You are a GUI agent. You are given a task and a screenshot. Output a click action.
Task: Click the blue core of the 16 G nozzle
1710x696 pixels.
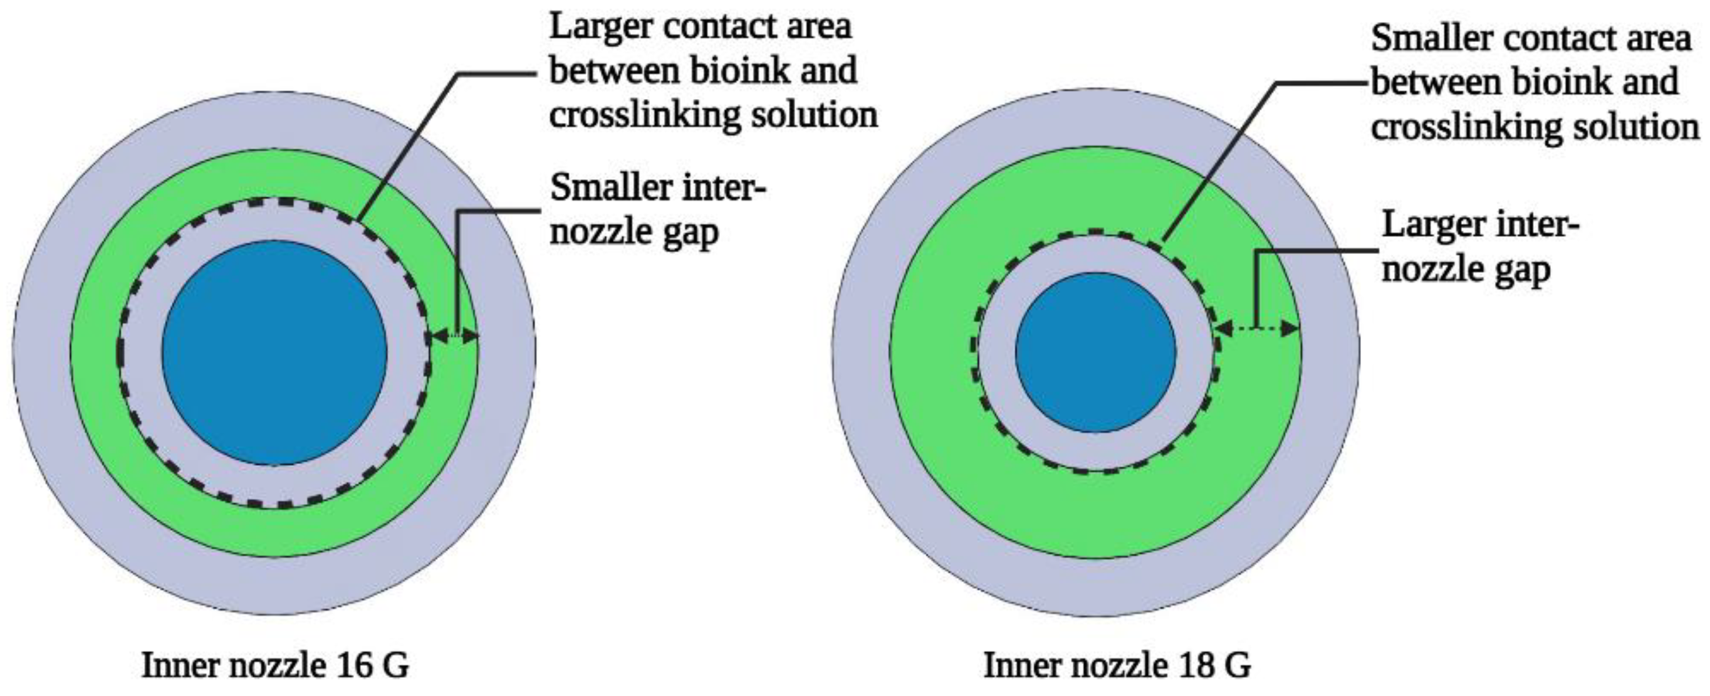[274, 352]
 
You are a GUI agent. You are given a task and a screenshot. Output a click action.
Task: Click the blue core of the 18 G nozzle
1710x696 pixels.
[1095, 352]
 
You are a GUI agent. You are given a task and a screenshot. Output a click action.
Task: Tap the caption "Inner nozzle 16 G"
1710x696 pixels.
[276, 665]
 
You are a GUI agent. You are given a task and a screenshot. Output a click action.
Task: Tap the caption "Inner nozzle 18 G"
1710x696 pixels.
[1117, 665]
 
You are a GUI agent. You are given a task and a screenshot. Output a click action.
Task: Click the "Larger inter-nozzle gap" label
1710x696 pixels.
[1480, 247]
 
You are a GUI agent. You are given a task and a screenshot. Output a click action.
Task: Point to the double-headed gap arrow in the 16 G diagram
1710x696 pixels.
[454, 337]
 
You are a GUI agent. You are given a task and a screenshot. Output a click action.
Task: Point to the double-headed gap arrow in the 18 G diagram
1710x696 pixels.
[1257, 328]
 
